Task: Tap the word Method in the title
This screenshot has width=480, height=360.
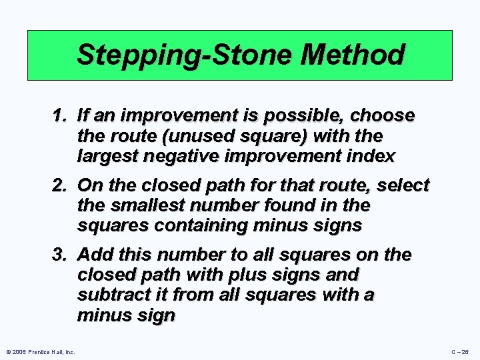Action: [x=353, y=55]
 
